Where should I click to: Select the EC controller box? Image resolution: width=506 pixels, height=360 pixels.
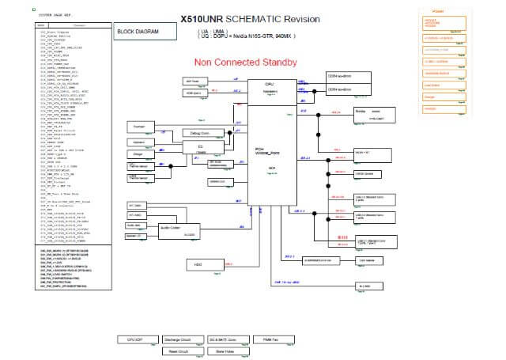pyautogui.click(x=201, y=149)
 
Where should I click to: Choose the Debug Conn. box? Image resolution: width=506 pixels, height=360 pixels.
pyautogui.click(x=195, y=132)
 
